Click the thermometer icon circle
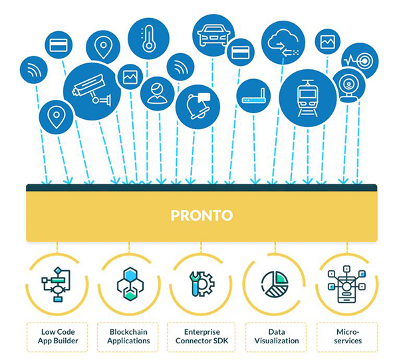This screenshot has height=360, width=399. point(148,39)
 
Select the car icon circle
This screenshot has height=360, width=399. point(213,35)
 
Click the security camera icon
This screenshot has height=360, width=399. point(92,91)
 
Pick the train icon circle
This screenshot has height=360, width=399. point(307,98)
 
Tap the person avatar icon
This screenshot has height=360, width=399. point(157,94)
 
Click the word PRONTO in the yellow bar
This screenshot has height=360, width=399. point(201,216)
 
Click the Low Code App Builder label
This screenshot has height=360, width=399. point(56,336)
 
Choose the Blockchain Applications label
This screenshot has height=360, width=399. point(129,336)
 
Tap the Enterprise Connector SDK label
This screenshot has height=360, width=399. point(201,336)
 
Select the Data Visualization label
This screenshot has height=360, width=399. point(274,336)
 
